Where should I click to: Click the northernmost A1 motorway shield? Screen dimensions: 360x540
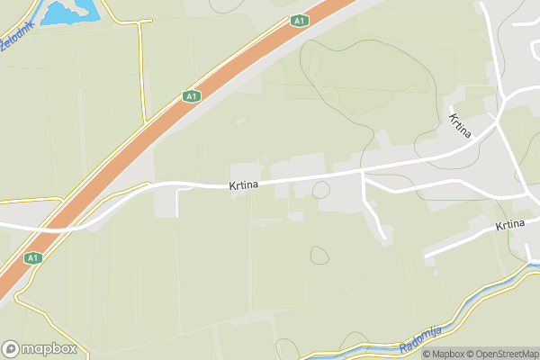(300, 20)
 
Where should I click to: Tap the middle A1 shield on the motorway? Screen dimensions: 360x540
(191, 95)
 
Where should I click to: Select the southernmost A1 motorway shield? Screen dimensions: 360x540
(33, 257)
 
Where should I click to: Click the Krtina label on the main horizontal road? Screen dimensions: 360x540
(244, 185)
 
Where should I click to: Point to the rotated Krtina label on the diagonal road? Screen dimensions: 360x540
(461, 126)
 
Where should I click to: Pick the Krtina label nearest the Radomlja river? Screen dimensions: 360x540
(509, 225)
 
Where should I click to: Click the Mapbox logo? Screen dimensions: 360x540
(39, 349)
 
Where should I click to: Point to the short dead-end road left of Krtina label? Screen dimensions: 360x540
(177, 203)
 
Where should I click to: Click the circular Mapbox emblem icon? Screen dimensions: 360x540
(11, 349)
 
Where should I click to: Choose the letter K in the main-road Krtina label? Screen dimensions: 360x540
(232, 185)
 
